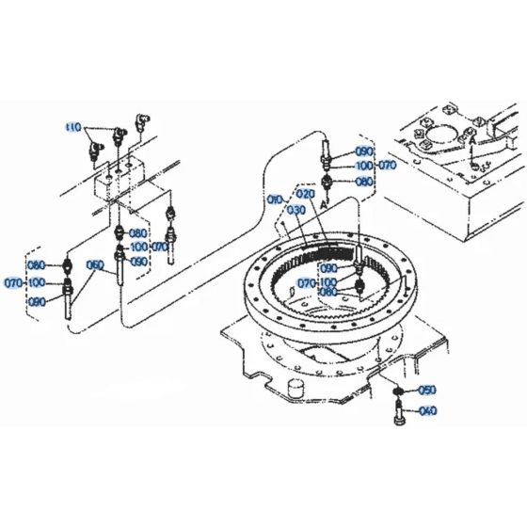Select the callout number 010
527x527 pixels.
click(274, 200)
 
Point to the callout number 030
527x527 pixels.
click(296, 209)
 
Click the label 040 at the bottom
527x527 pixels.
click(427, 410)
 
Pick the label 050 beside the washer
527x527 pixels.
click(427, 390)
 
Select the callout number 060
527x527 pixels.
click(94, 265)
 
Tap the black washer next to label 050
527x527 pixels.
click(398, 390)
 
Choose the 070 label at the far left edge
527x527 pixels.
click(13, 282)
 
